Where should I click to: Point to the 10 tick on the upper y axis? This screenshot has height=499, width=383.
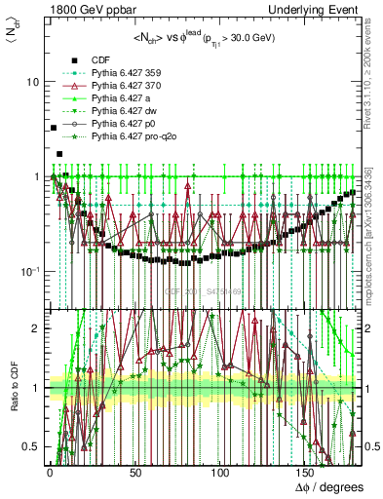tap(32, 82)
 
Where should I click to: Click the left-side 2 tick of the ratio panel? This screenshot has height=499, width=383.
tap(37, 328)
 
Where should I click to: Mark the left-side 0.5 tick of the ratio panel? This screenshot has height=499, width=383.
tap(33, 446)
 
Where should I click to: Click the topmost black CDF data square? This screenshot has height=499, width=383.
tap(53, 128)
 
